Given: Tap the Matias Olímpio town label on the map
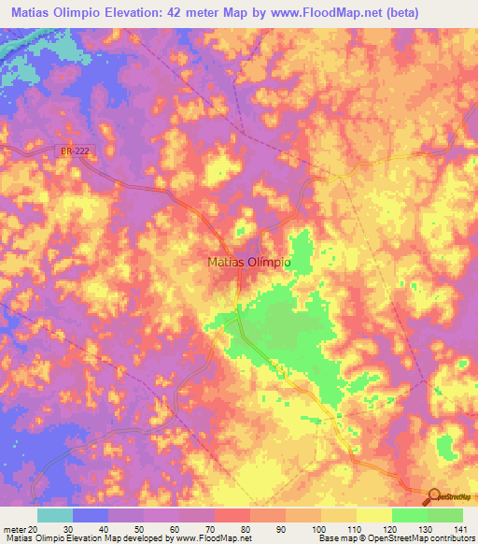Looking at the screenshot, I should coord(247,264).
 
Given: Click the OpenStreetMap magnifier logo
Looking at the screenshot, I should coord(434,496).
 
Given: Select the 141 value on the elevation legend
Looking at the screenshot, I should coord(461,528).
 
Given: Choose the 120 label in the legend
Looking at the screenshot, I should coord(390,528).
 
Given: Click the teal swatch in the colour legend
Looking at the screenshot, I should coord(55,515).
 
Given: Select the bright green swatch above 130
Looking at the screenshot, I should coord(444,515).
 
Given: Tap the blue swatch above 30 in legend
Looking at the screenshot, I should coord(91,515).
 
